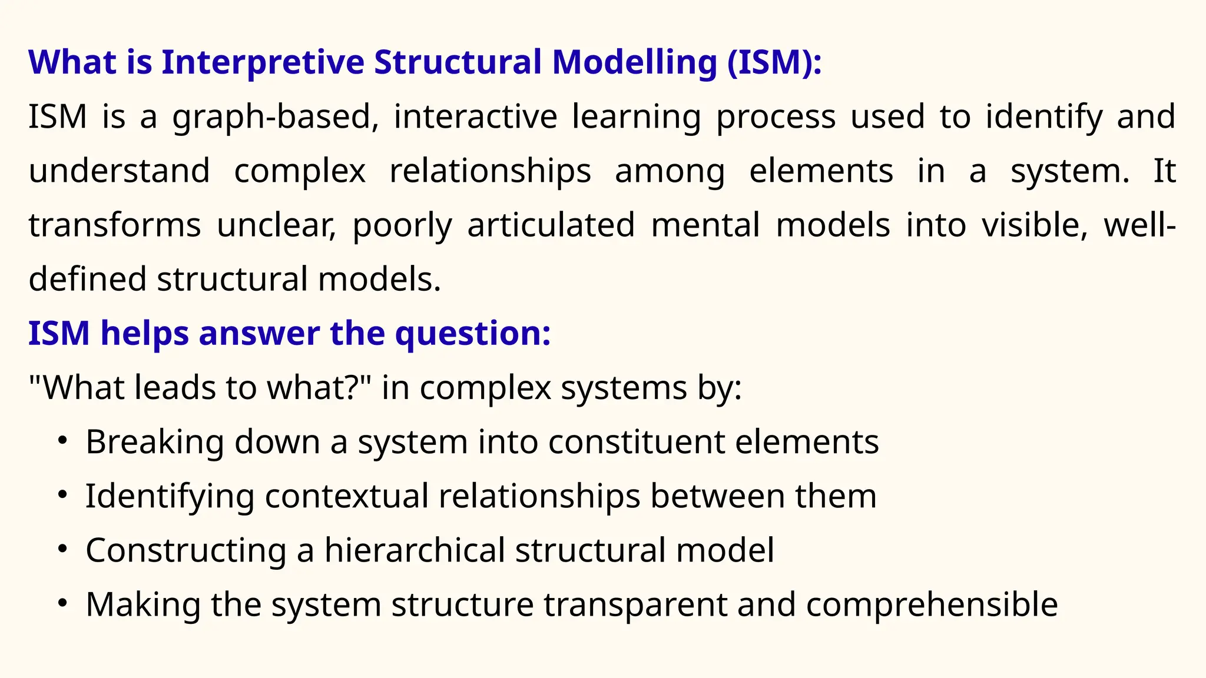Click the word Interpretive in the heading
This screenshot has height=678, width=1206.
click(x=263, y=62)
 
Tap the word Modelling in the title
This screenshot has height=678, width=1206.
click(x=634, y=62)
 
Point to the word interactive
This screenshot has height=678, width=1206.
click(x=475, y=117)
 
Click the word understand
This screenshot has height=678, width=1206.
click(x=119, y=171)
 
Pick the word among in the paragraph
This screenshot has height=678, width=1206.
click(x=670, y=171)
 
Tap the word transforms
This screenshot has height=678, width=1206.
click(x=115, y=225)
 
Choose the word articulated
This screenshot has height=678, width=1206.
click(x=551, y=225)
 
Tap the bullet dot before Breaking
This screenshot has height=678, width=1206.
click(x=63, y=441)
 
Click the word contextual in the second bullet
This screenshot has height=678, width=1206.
click(x=346, y=496)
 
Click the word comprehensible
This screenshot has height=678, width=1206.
click(x=932, y=605)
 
